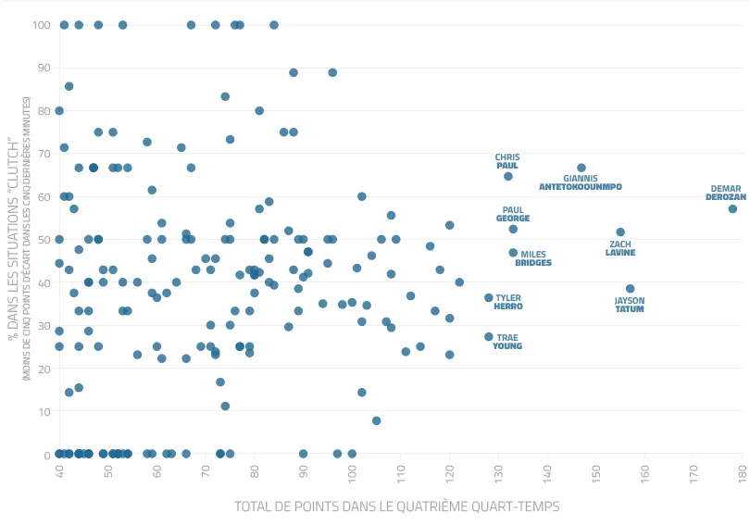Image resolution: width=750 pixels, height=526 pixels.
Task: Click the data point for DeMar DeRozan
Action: click(732, 209)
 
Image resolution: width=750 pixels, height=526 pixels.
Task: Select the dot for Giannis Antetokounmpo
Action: click(581, 169)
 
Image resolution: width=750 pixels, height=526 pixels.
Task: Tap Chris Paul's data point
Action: click(508, 176)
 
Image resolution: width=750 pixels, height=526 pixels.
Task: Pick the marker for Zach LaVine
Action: click(620, 232)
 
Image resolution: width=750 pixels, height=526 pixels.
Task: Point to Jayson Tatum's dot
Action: click(631, 289)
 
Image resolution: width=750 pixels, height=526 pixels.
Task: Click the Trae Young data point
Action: click(489, 337)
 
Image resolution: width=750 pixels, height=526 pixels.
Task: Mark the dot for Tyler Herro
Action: click(489, 297)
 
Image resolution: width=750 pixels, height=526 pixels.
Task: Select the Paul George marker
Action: click(513, 229)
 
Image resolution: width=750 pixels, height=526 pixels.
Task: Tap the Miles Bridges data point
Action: click(513, 253)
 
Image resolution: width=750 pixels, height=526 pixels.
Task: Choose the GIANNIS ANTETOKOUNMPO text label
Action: click(581, 182)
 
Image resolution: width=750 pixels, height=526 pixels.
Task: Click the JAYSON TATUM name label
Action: click(630, 305)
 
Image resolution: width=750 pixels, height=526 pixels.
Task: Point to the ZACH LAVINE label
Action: click(620, 248)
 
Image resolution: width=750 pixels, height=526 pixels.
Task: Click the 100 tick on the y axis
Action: click(41, 25)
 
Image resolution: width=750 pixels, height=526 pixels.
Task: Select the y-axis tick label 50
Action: click(44, 239)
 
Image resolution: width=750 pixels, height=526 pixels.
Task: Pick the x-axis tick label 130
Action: click(499, 473)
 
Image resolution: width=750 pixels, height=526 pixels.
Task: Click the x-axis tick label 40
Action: click(60, 473)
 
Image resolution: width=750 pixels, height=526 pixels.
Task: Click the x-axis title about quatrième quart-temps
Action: click(396, 507)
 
